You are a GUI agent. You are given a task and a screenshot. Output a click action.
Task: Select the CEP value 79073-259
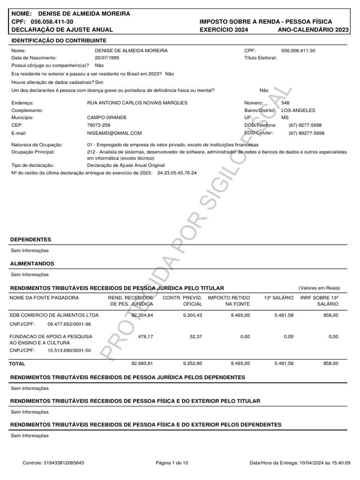[x=99, y=125]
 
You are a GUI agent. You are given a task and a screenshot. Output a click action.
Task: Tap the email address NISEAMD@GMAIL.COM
[x=114, y=133]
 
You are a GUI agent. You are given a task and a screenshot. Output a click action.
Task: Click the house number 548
[x=285, y=103]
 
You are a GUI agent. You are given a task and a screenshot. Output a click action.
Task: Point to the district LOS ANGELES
[x=298, y=110]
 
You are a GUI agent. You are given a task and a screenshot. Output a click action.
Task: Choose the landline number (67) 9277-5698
[x=306, y=125]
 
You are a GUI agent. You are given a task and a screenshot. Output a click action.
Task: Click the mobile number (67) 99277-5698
[x=306, y=133]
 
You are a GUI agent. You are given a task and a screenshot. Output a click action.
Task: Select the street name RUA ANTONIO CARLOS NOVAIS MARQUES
[x=137, y=103]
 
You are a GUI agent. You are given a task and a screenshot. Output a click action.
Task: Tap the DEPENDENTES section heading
[x=31, y=240]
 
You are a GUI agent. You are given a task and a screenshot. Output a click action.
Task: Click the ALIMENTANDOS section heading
[x=32, y=264]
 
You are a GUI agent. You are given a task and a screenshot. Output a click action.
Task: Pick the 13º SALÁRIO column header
[x=279, y=298]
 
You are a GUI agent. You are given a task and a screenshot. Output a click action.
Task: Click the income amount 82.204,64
[x=142, y=315]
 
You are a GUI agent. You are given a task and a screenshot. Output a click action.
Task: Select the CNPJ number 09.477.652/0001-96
[x=69, y=324]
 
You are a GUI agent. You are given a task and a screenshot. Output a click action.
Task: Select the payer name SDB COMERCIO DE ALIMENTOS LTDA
[x=54, y=315]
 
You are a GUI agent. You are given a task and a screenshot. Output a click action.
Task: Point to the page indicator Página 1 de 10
[x=172, y=463]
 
